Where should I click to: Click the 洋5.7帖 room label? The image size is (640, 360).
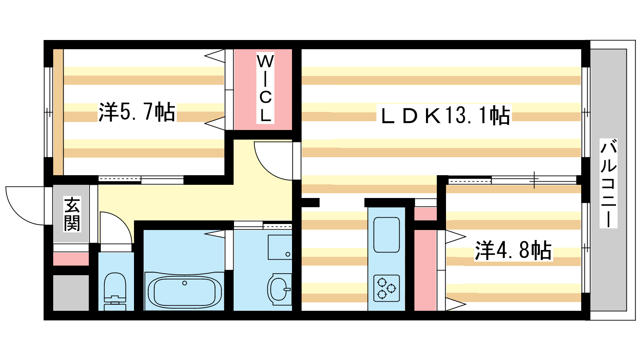click(136, 112)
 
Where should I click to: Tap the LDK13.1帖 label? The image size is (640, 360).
click(445, 115)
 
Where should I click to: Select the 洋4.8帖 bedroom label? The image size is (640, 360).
click(513, 250)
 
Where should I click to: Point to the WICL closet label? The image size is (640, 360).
click(266, 88)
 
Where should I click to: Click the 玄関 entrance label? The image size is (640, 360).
click(72, 214)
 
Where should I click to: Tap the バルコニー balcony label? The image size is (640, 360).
click(608, 183)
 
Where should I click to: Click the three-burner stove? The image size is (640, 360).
click(386, 288)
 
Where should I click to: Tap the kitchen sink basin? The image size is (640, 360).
click(386, 235)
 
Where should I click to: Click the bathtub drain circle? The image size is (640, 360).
click(184, 283)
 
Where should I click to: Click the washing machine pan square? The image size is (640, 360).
click(280, 248)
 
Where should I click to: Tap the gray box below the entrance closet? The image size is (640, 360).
click(71, 293)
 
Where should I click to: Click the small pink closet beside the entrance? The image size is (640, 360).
click(71, 259)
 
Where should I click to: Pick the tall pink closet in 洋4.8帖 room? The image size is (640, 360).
click(426, 270)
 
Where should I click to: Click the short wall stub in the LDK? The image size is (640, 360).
click(310, 202)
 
